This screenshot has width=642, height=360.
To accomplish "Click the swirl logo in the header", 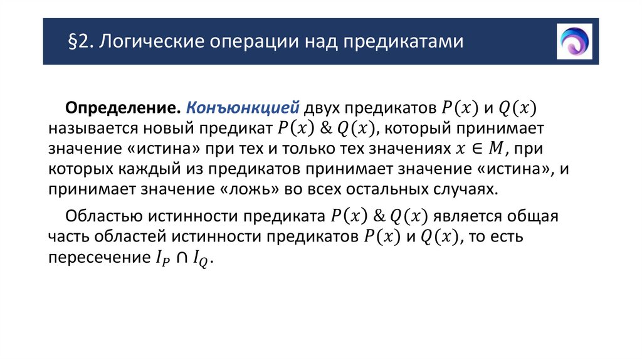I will click(x=574, y=41).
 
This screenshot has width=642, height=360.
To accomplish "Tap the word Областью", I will click(x=103, y=216).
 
